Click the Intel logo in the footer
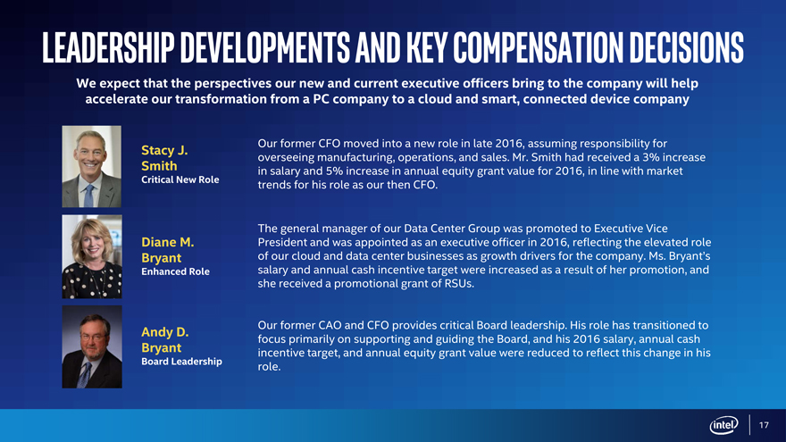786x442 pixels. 723,425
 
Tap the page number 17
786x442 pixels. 764,425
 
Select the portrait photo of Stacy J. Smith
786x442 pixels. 92,167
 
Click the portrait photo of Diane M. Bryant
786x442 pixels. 92,257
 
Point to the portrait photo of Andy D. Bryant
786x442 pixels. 92,346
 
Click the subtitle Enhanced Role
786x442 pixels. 175,271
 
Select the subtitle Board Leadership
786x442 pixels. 181,362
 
